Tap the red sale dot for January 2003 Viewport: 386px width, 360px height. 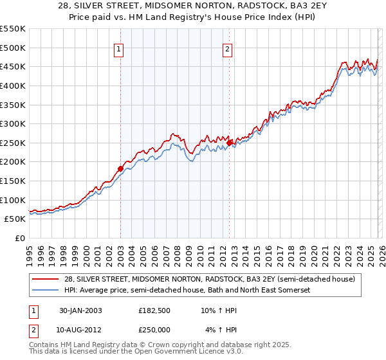pyautogui.click(x=120, y=168)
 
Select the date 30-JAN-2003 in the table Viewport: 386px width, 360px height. pyautogui.click(x=80, y=310)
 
